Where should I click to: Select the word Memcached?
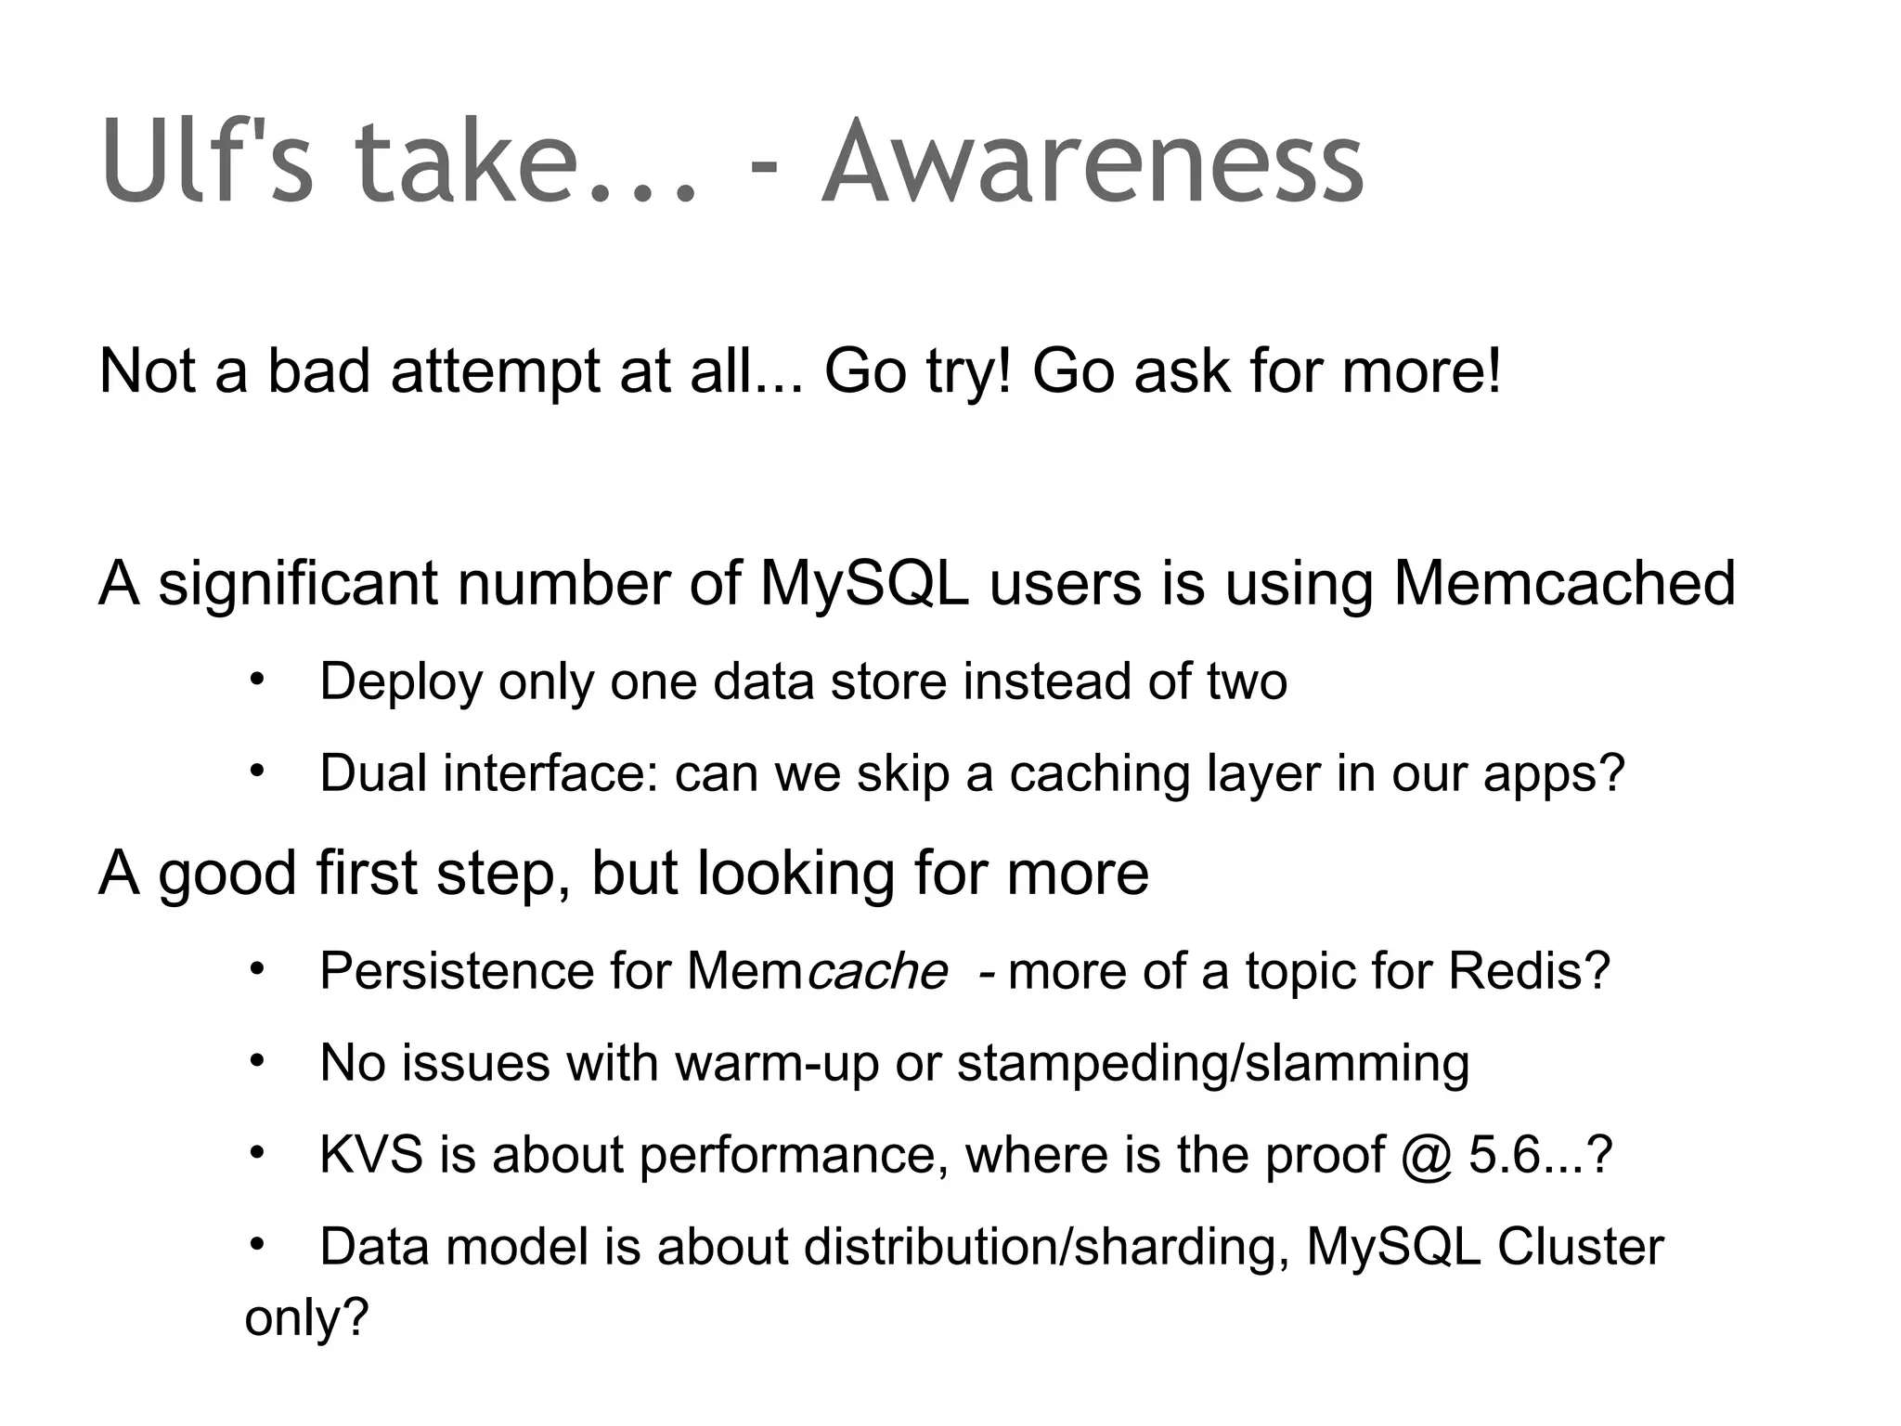pyautogui.click(x=1564, y=584)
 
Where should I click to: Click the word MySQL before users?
pyautogui.click(x=864, y=584)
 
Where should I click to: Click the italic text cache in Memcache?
pyautogui.click(x=876, y=971)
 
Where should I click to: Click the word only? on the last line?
pyautogui.click(x=306, y=1316)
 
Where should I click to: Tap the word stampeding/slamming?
pyautogui.click(x=1212, y=1063)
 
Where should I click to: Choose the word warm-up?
pyautogui.click(x=776, y=1063)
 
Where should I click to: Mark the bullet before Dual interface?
pyautogui.click(x=256, y=771)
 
